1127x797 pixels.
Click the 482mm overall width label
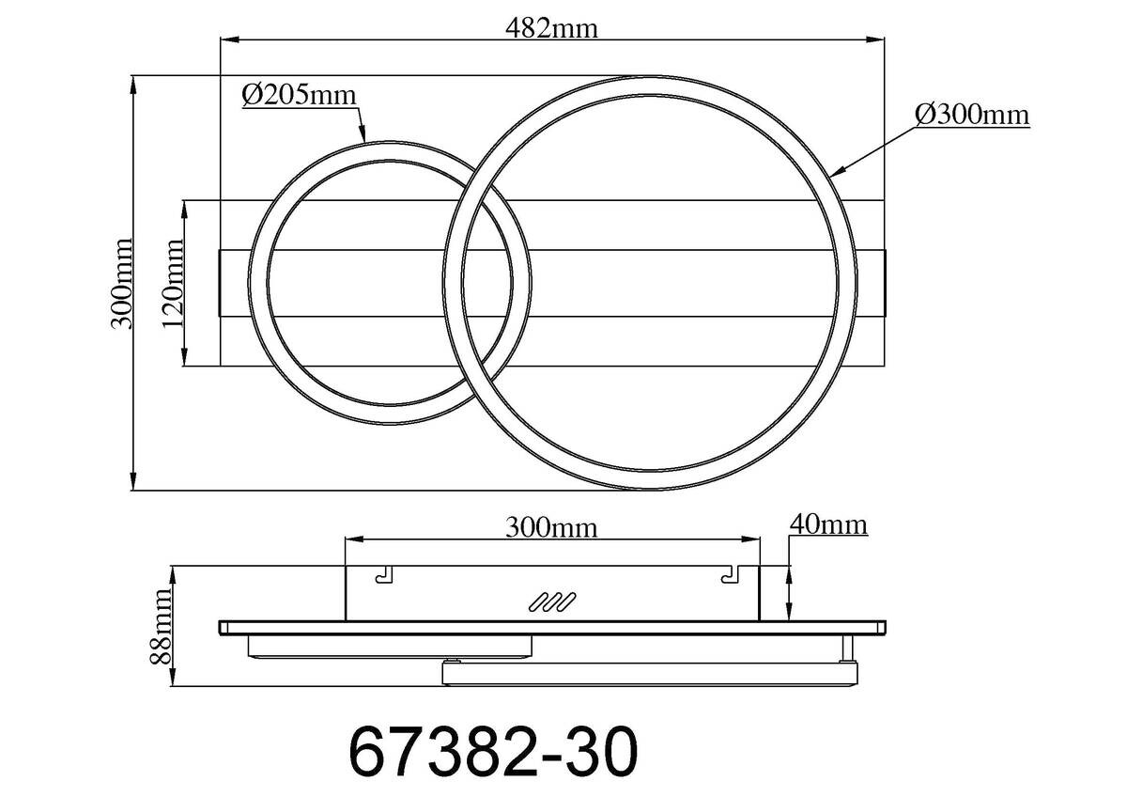click(x=552, y=27)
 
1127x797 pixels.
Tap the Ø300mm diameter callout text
click(x=972, y=115)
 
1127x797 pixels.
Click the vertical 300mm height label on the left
click(x=120, y=282)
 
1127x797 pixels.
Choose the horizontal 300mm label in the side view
click(x=551, y=527)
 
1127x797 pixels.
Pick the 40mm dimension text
click(x=828, y=524)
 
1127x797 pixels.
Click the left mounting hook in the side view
click(x=383, y=575)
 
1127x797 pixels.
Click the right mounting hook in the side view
click(x=730, y=575)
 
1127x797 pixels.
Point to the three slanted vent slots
click(x=551, y=602)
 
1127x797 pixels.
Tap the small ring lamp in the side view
click(x=389, y=646)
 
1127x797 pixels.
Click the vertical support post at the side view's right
click(x=847, y=647)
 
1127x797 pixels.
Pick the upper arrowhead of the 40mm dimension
click(x=789, y=572)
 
